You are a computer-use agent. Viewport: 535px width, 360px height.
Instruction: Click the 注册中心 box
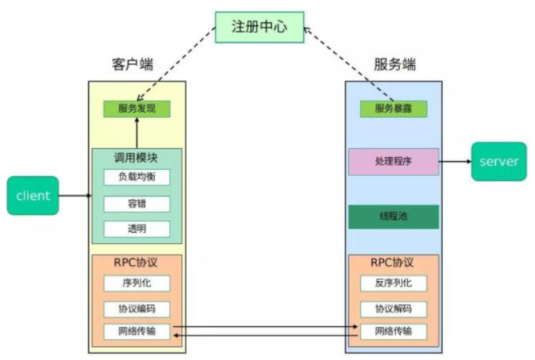coord(259,27)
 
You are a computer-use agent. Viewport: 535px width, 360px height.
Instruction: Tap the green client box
coord(33,195)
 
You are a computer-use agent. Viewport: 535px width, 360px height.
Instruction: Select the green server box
coord(498,162)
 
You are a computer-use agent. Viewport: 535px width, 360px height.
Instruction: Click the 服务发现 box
coord(136,109)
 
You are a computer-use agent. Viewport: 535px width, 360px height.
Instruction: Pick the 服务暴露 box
coord(393,109)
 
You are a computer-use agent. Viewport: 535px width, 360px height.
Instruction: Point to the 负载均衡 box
coord(136,178)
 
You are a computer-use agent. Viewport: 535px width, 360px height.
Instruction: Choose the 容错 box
coord(136,204)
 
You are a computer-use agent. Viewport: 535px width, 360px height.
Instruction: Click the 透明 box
coord(136,228)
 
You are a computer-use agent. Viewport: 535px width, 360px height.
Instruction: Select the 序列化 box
coord(136,283)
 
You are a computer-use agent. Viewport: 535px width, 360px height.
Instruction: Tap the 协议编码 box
coord(136,309)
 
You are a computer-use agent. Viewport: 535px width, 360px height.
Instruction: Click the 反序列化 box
coord(393,283)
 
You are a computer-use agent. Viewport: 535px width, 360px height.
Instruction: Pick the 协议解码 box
coord(393,309)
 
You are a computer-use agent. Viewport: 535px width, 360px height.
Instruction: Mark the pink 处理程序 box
coord(393,162)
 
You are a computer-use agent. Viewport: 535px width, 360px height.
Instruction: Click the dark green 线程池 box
coord(393,217)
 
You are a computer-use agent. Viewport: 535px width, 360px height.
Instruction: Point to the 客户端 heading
coord(134,64)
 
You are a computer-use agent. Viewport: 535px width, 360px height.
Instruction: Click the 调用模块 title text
coord(136,156)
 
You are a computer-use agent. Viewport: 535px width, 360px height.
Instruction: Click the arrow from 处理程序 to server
coord(455,162)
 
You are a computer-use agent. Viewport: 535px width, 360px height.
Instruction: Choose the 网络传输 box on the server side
coord(393,332)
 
